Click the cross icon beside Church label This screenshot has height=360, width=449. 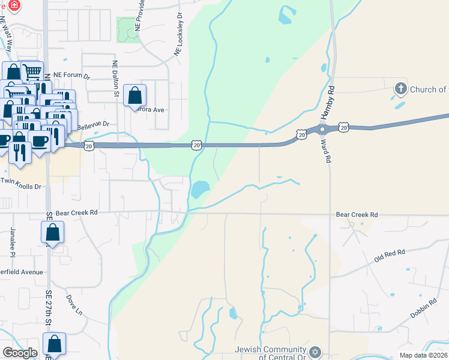click(x=400, y=89)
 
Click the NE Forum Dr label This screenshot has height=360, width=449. click(x=71, y=76)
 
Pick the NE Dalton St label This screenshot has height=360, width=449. click(x=115, y=79)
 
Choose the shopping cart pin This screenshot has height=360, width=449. click(x=32, y=72)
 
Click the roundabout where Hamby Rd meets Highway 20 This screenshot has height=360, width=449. click(x=322, y=130)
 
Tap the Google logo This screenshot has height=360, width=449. click(x=20, y=353)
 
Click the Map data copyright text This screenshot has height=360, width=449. click(x=423, y=355)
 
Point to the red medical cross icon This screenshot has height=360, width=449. click(x=14, y=5)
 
